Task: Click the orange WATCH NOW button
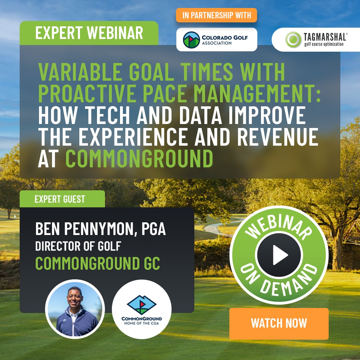click(x=279, y=323)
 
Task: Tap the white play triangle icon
click(x=280, y=255)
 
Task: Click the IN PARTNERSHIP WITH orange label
click(x=217, y=15)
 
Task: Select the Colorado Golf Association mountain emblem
click(x=191, y=40)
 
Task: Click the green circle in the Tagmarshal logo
click(x=293, y=39)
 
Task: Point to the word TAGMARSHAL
click(x=325, y=37)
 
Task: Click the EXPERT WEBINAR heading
click(x=89, y=33)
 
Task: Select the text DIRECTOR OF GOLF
click(x=78, y=246)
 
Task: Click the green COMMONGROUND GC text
click(x=98, y=263)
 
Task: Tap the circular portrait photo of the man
click(x=75, y=309)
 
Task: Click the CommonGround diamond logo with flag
click(x=142, y=305)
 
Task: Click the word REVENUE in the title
click(x=278, y=137)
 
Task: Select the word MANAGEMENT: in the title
click(x=257, y=93)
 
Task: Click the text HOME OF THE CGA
click(x=142, y=323)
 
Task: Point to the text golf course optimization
click(x=324, y=44)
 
